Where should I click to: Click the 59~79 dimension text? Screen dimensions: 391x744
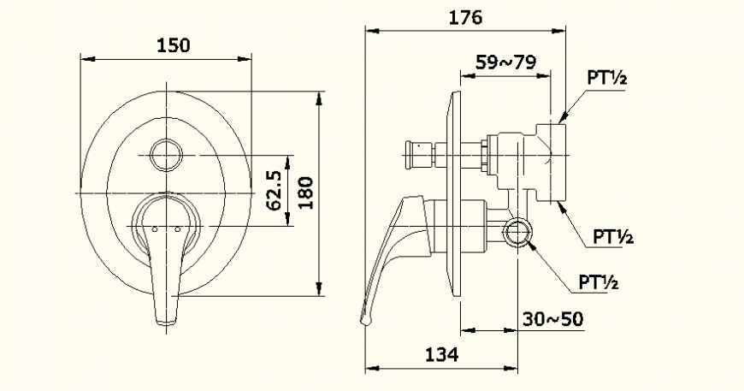point(506,62)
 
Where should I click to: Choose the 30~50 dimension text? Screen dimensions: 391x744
point(553,318)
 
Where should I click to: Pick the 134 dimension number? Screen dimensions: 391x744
point(443,354)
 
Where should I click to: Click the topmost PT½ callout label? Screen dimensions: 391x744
point(607,78)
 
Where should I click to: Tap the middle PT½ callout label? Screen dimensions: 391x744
point(613,237)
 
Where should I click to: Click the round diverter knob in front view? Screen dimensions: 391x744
point(165,155)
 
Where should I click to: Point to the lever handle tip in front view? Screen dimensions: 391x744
point(167,317)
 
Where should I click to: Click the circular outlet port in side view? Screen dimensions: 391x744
point(517,232)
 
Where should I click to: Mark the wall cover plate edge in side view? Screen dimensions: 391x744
point(453,197)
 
